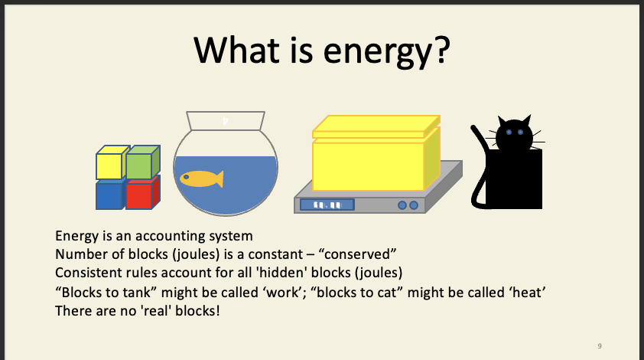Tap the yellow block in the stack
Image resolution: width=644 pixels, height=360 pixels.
click(109, 165)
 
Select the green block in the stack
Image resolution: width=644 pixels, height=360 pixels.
click(139, 165)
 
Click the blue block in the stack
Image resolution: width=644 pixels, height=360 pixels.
click(109, 195)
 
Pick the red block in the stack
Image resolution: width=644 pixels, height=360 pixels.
click(138, 195)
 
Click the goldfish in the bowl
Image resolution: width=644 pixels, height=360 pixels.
click(200, 178)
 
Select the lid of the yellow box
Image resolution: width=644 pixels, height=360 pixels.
click(375, 126)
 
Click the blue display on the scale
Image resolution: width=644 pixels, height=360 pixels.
click(327, 205)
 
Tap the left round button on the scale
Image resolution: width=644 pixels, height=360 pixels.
click(402, 205)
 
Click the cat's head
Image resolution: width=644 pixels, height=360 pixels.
click(514, 136)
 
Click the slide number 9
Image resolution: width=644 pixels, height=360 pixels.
click(599, 346)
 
